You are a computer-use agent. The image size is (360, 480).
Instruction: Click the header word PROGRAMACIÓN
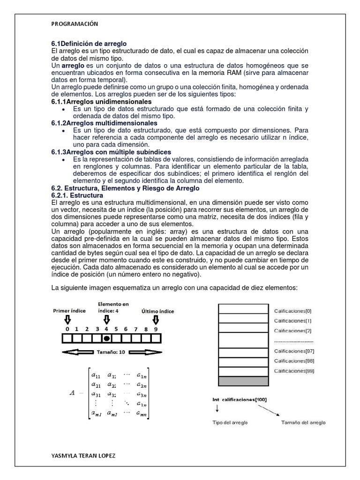pos(75,24)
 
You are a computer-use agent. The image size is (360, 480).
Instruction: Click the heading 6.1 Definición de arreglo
pos(89,44)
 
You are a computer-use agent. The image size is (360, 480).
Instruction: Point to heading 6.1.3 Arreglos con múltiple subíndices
pos(111,152)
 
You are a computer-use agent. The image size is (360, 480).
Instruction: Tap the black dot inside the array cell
pos(107,338)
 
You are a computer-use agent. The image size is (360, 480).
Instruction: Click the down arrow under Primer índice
pos(67,319)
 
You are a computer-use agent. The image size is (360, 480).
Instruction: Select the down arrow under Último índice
pos(156,319)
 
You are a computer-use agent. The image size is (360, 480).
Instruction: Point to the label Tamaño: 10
pos(111,351)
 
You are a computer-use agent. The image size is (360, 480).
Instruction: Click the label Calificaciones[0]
pos(292,311)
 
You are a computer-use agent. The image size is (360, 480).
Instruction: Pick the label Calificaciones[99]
pos(294,371)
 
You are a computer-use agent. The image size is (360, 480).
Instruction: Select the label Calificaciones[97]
pos(294,351)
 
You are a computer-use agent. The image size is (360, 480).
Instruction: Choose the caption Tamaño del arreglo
pos(303,422)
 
